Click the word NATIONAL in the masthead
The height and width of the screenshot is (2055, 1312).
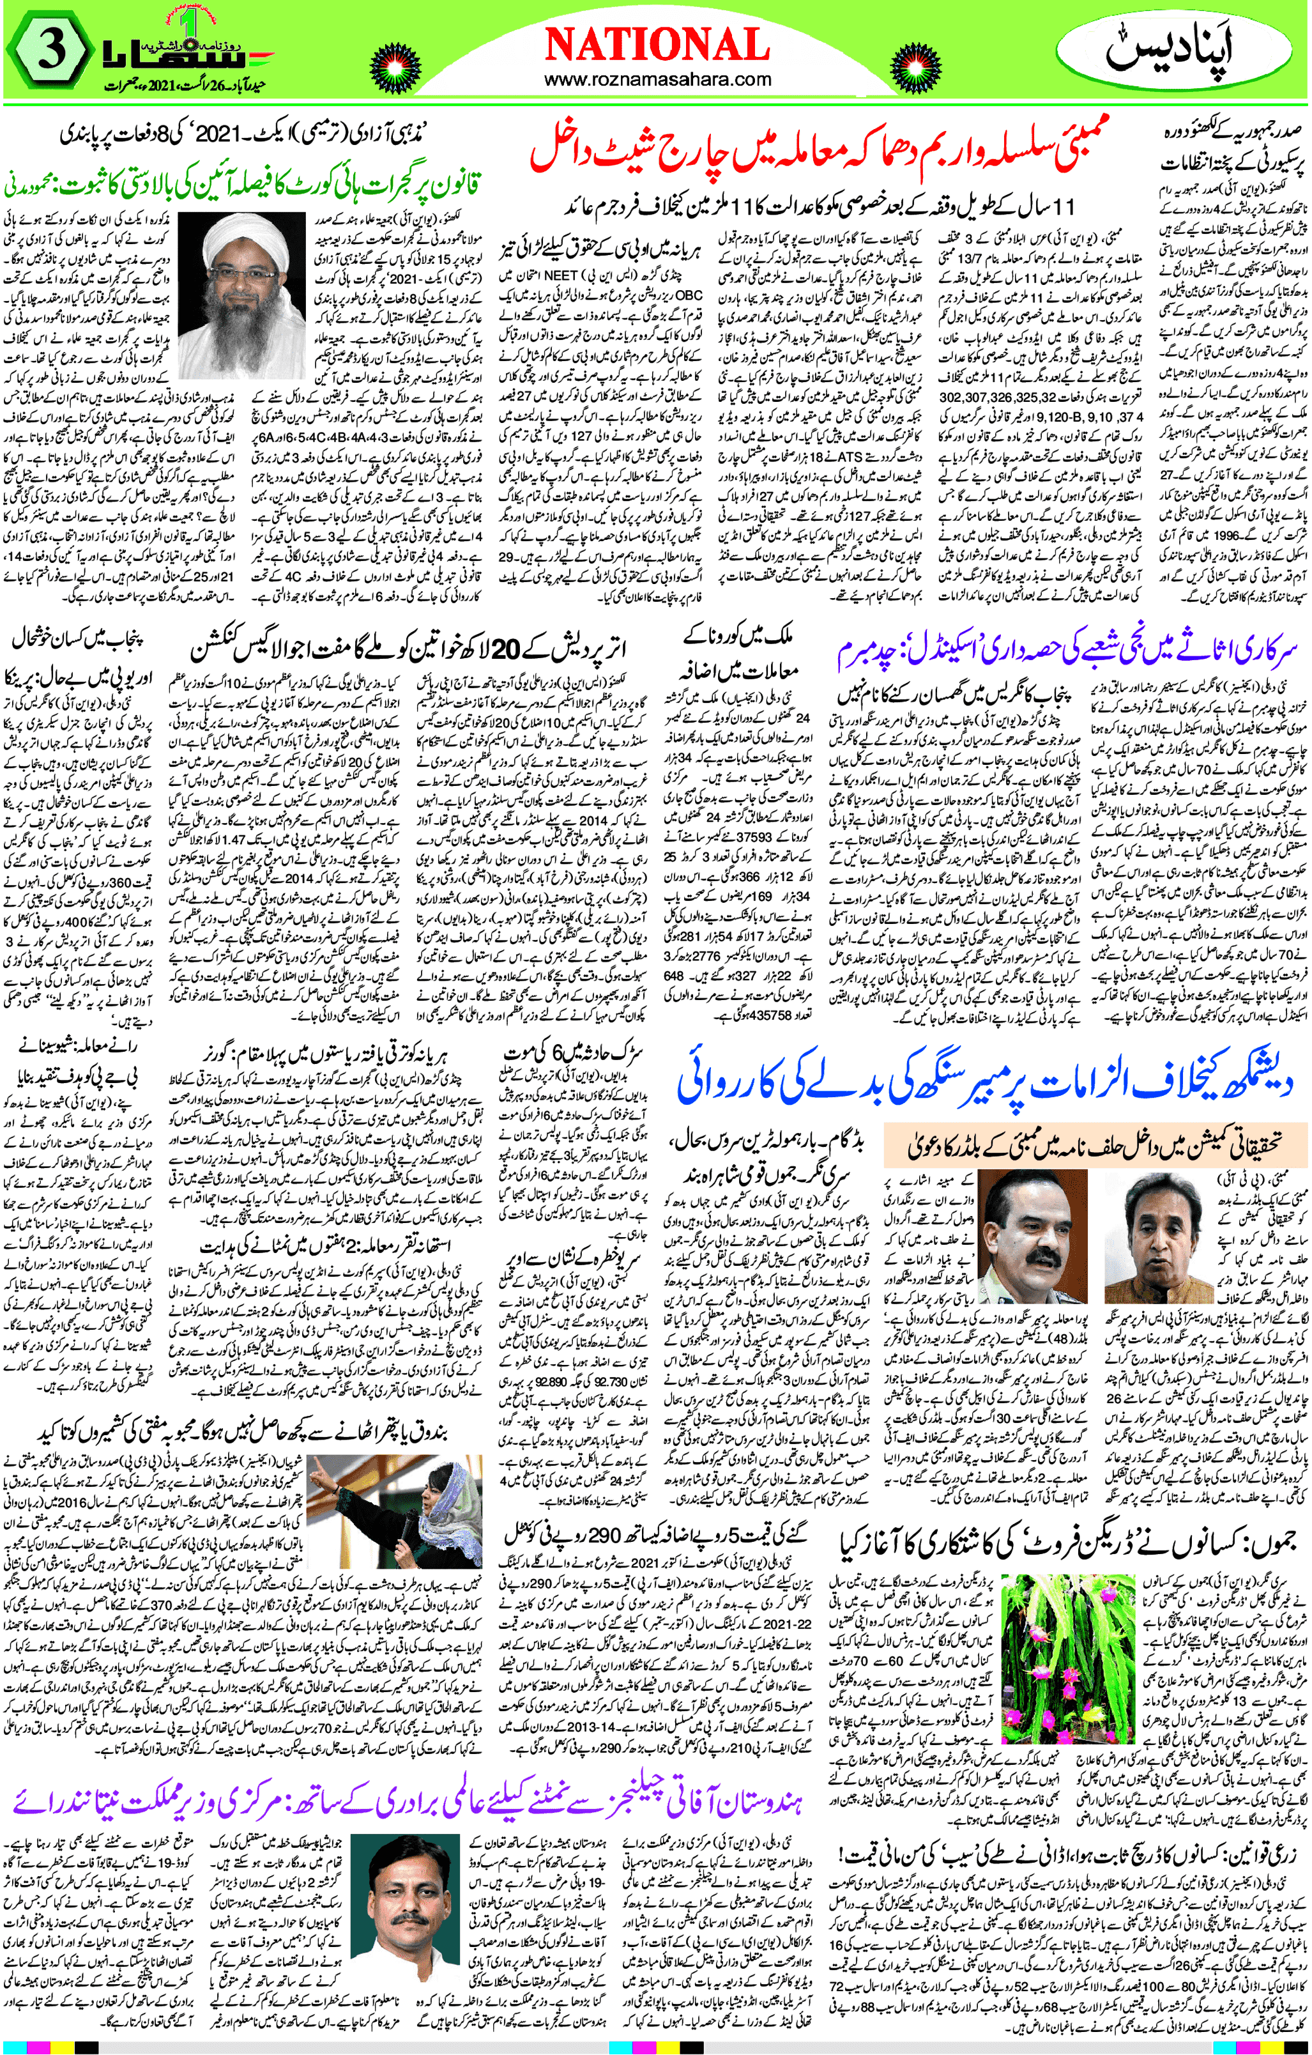656,44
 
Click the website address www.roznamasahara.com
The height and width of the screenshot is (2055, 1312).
657,81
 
